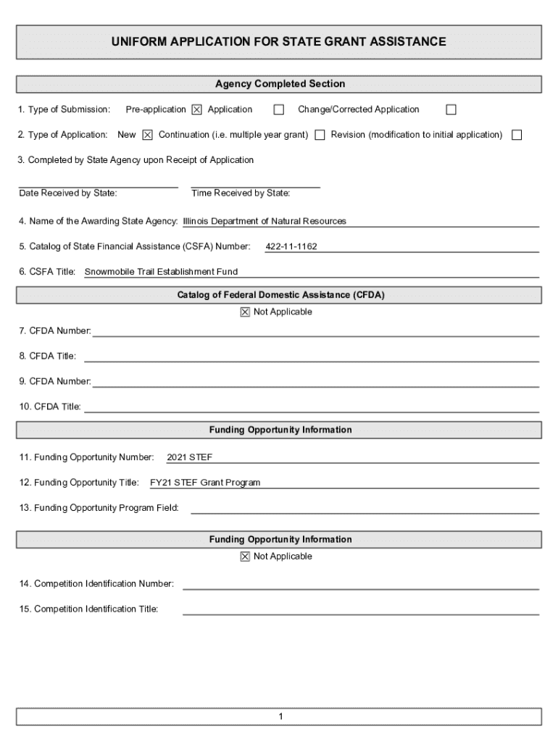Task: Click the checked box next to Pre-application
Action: (196, 110)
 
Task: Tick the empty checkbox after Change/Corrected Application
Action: (451, 110)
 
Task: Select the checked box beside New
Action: (147, 135)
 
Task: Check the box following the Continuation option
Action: (320, 135)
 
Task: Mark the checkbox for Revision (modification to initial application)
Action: (517, 135)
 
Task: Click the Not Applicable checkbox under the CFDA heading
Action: (245, 312)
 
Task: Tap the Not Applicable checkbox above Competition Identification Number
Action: (245, 556)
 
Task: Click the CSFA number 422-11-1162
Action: (291, 247)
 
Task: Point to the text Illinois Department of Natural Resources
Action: (265, 221)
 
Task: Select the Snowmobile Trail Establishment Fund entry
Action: (161, 272)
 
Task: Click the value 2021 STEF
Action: (189, 457)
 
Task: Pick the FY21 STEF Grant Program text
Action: (205, 483)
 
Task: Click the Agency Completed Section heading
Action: (280, 84)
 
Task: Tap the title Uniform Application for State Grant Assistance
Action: (279, 42)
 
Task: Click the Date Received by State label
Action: (68, 193)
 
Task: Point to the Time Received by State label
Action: (241, 193)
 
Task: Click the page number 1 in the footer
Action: (280, 717)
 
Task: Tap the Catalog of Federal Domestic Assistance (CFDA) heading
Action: (280, 295)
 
